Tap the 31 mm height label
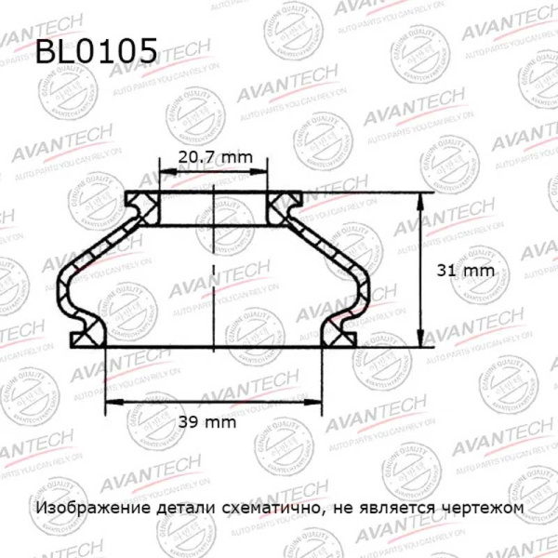tap(462, 271)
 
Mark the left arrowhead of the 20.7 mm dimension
tap(164, 173)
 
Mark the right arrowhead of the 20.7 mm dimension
tap(266, 173)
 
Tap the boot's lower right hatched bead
tap(342, 330)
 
